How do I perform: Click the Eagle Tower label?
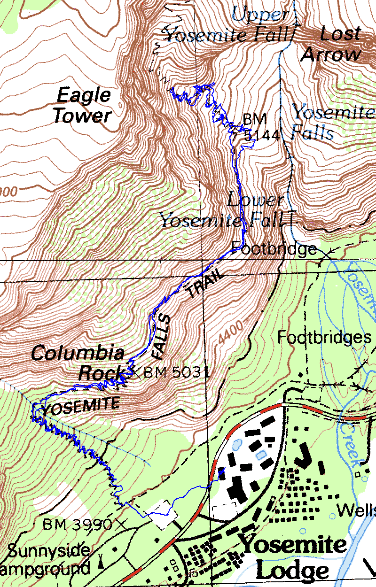point(83,106)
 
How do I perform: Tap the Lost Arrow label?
point(333,45)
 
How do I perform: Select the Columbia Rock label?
point(78,363)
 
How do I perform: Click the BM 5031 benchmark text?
point(175,373)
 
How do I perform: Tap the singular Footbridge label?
point(274,248)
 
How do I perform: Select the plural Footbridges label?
point(321,337)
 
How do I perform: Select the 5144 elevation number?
point(262,135)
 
